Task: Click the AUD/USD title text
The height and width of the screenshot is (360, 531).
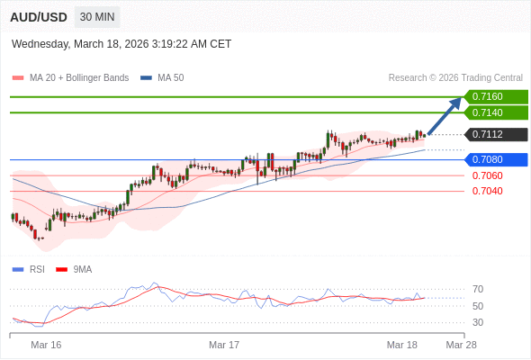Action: (x=40, y=17)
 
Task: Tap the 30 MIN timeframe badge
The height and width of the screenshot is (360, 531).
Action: (x=97, y=17)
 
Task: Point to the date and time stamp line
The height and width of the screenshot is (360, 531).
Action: (x=121, y=43)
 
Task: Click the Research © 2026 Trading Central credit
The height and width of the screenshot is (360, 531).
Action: (x=455, y=77)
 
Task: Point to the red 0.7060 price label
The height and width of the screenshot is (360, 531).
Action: (x=487, y=175)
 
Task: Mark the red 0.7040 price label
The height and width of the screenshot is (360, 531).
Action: (x=487, y=191)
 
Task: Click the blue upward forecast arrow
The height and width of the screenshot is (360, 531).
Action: (x=445, y=115)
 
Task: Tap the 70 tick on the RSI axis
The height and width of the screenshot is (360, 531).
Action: (x=478, y=289)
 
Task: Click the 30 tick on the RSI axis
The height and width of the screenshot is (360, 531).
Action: (x=478, y=322)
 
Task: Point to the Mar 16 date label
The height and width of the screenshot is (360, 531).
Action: (x=46, y=345)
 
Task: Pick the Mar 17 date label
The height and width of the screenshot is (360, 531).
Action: (x=224, y=345)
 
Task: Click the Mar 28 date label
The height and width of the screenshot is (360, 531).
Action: (x=461, y=345)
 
